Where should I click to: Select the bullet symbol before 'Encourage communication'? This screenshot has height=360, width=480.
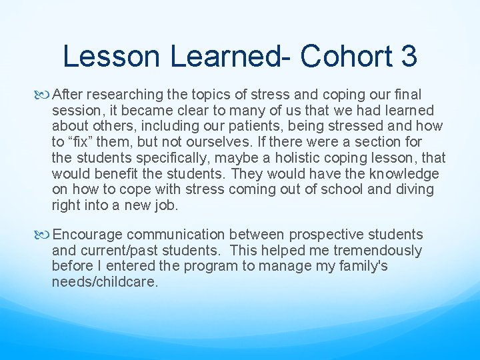pyautogui.click(x=45, y=235)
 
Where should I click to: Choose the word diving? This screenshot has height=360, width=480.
pyautogui.click(x=415, y=190)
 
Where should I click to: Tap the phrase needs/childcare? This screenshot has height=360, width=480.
pyautogui.click(x=105, y=283)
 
